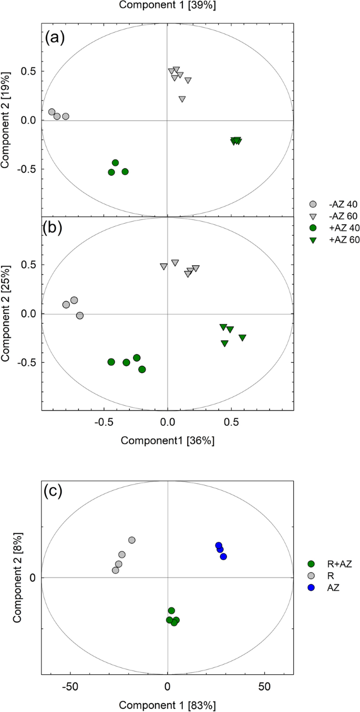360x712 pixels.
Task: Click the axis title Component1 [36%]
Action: pyautogui.click(x=167, y=441)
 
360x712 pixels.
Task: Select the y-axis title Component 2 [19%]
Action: pyautogui.click(x=7, y=120)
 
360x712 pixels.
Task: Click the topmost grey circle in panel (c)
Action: pyautogui.click(x=132, y=540)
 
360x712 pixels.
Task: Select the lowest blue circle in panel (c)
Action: pyautogui.click(x=223, y=557)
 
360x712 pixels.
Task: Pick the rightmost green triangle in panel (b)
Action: pyautogui.click(x=242, y=338)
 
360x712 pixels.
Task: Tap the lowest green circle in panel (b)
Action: pyautogui.click(x=142, y=370)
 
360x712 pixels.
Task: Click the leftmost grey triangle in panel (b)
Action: pyautogui.click(x=163, y=267)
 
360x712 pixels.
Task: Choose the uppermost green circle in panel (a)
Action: pyautogui.click(x=116, y=163)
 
